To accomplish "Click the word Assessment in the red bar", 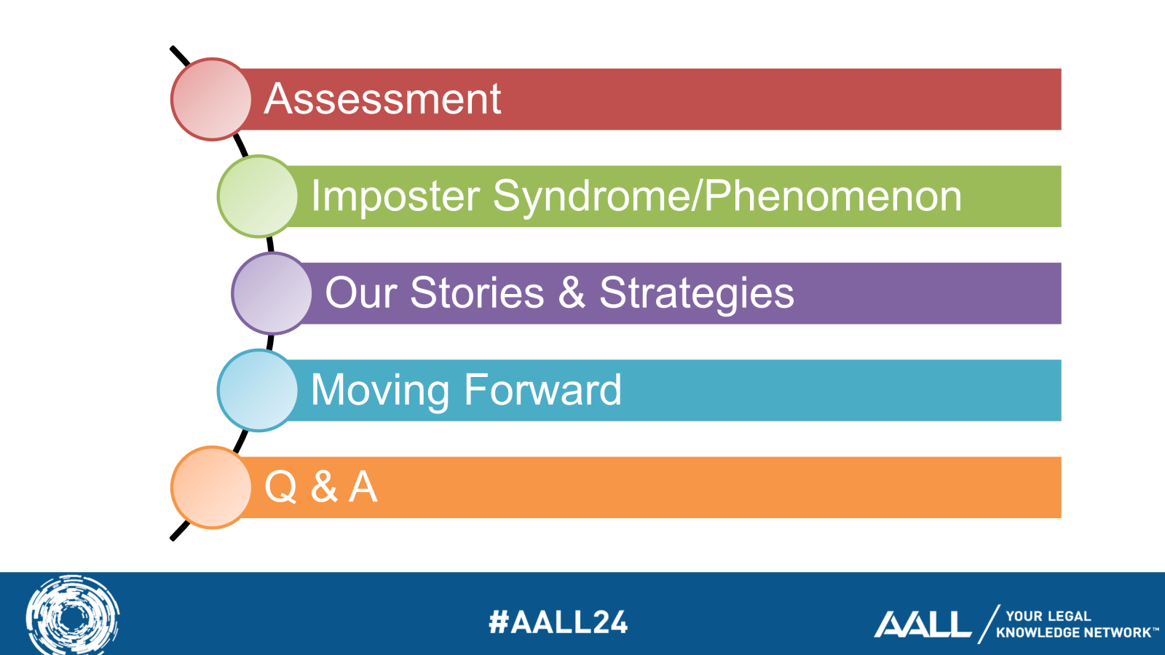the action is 382,99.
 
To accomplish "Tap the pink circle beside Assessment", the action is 211,99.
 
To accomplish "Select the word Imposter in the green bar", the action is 395,196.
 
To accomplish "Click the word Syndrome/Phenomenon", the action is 727,197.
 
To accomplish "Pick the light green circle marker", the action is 258,196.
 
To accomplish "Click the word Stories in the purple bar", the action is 477,293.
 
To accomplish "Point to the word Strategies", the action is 697,294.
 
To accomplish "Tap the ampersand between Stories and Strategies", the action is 572,293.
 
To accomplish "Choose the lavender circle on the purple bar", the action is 272,294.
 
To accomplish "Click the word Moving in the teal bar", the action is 380,391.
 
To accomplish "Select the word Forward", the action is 543,389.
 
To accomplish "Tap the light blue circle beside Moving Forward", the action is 258,390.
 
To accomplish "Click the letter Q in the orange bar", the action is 281,487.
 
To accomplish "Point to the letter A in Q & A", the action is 363,487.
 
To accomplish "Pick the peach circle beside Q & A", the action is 211,488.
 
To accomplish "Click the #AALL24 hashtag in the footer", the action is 558,622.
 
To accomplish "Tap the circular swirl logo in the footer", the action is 73,616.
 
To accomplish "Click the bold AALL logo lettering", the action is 923,624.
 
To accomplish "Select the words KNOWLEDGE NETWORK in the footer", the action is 1073,632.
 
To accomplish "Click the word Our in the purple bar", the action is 361,293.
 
